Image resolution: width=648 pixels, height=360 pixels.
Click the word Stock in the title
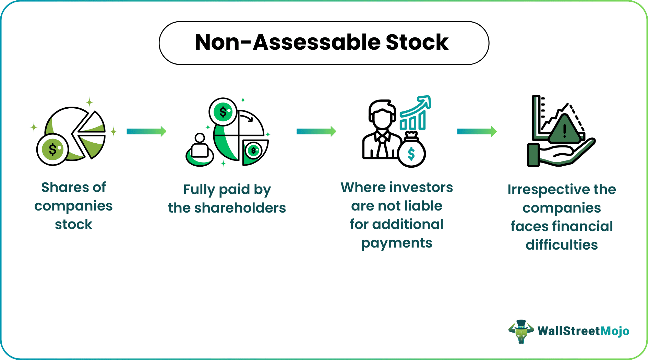[417, 43]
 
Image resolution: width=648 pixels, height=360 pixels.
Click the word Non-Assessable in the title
[288, 43]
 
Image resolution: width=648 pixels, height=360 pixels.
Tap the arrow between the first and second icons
[146, 131]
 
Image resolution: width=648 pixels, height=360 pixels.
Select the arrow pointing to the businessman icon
[316, 131]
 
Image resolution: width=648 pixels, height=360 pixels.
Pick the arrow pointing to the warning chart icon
[477, 131]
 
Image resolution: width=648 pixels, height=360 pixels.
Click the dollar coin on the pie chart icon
[53, 149]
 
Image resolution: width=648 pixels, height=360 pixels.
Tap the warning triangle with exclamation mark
[565, 130]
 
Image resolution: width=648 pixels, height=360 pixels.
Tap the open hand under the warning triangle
[561, 153]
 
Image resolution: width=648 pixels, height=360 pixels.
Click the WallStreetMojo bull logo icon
[521, 332]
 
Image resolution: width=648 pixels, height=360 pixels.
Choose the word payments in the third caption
[397, 243]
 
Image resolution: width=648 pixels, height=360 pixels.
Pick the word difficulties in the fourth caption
[562, 245]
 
